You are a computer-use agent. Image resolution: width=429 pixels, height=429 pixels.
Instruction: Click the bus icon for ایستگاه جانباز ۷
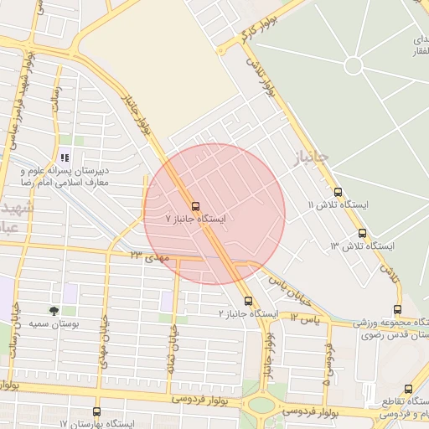[195, 206]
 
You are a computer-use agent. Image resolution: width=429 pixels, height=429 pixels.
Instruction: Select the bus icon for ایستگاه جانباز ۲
[248, 301]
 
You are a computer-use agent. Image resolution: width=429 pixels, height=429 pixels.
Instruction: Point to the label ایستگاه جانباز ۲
[248, 313]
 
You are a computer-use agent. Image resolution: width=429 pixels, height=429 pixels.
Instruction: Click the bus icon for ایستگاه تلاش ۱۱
[338, 192]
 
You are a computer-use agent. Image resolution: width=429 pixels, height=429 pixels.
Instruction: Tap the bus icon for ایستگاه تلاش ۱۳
[362, 234]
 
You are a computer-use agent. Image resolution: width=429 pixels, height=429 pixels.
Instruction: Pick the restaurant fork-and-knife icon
[65, 157]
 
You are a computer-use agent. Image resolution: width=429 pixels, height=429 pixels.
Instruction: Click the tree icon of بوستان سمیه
[54, 310]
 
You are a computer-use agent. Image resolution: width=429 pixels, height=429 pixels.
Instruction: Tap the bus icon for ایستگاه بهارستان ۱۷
[96, 412]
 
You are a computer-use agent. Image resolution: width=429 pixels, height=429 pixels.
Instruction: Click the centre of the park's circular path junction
[354, 65]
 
